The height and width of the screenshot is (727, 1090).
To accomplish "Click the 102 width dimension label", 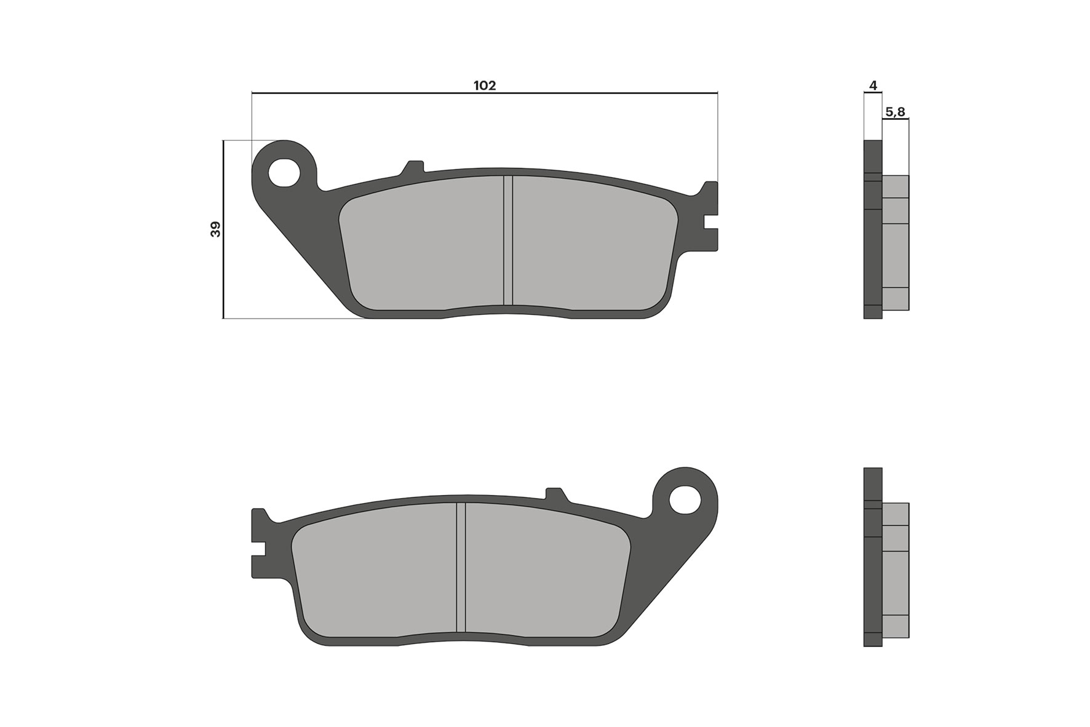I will tap(484, 85).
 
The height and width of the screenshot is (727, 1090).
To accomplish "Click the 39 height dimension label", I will tap(215, 230).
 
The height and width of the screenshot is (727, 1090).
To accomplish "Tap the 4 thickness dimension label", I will tap(873, 85).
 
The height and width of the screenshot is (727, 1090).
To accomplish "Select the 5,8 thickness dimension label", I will tap(895, 112).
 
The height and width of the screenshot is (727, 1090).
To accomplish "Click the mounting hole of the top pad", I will tap(284, 172).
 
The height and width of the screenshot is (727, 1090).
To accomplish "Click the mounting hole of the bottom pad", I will tap(685, 499).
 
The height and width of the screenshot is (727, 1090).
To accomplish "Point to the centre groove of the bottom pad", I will tap(461, 567).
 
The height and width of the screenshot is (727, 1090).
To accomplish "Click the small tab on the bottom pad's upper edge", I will tap(555, 493).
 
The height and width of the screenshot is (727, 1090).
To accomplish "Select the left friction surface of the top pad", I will tap(421, 246).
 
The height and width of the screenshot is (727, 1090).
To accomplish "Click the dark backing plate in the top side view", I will tap(872, 246).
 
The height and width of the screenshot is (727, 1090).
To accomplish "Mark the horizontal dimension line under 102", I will tap(369, 93).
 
